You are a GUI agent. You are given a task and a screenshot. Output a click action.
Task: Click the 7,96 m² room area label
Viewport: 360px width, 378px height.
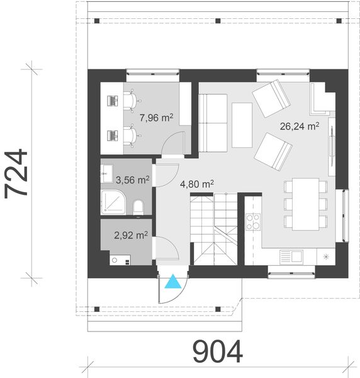[x=157, y=118]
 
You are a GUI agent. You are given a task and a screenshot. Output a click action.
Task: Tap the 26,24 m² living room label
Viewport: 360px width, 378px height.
[x=300, y=125]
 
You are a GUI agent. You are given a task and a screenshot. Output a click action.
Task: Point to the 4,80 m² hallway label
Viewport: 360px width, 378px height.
[x=197, y=184]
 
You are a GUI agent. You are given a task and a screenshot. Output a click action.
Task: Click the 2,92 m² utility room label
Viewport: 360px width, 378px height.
[x=131, y=235]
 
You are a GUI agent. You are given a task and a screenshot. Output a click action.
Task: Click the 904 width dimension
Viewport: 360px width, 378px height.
[x=217, y=352]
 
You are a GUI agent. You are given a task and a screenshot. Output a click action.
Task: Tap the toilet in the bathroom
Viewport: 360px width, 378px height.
[x=138, y=206]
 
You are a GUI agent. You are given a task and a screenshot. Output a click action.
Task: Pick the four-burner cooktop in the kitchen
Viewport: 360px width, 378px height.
[x=253, y=222]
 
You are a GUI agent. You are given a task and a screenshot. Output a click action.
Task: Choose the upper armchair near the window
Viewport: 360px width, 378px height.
[x=272, y=98]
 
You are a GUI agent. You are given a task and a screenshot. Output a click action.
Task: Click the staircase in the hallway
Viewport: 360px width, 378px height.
[x=214, y=230]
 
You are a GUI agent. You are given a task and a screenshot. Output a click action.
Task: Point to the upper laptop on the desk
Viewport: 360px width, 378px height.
[x=114, y=100]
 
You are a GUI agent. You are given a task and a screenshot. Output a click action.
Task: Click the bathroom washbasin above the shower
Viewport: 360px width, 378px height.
[x=106, y=170]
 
